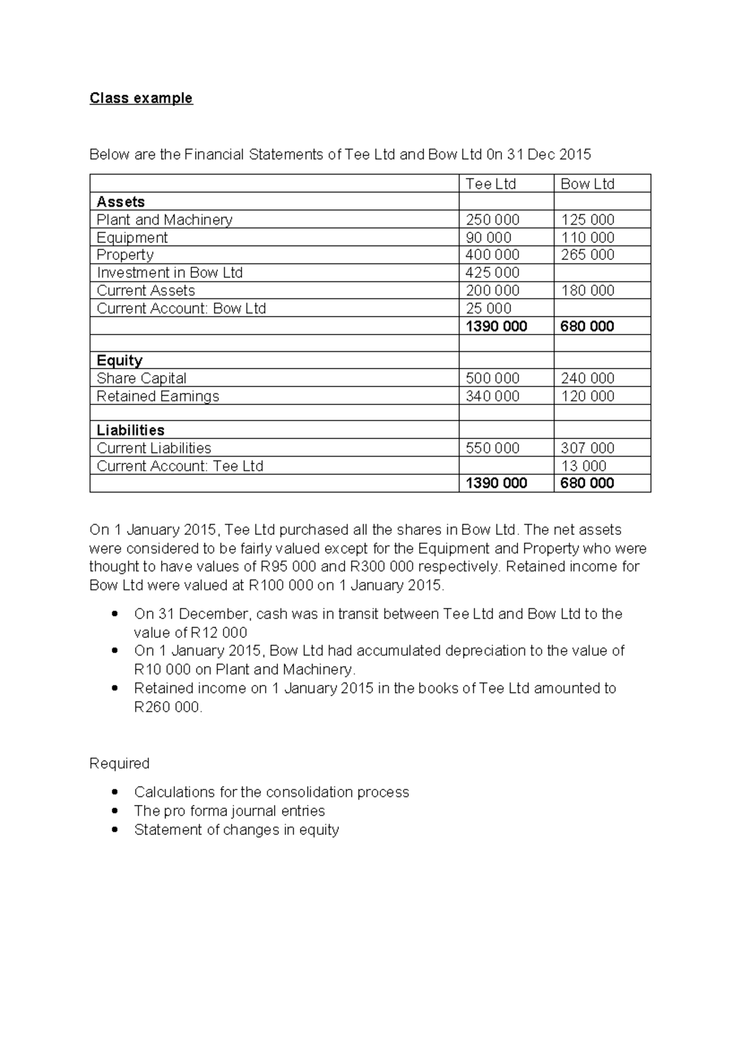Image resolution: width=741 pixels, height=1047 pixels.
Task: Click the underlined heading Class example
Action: coord(141,98)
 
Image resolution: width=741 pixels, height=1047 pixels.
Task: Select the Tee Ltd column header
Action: coord(490,184)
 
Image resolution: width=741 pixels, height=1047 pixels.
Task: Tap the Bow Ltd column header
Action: coord(587,184)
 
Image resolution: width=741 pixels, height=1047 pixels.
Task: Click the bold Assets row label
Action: coord(120,202)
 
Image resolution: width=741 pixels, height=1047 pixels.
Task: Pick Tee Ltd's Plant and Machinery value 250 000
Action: coord(492,220)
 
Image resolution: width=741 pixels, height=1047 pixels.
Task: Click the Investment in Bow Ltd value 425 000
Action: coord(492,273)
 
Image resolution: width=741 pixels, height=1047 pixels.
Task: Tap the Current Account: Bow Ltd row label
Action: coord(181,309)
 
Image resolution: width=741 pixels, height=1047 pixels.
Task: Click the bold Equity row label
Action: coord(119,361)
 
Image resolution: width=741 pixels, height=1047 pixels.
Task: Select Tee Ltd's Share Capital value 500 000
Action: coord(492,378)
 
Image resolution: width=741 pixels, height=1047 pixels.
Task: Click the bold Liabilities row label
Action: coord(130,430)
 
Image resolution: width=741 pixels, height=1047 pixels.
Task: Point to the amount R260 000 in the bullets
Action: coord(167,707)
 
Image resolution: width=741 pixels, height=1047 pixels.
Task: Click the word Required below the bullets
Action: coord(119,764)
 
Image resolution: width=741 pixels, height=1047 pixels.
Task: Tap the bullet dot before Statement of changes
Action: coord(114,830)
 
